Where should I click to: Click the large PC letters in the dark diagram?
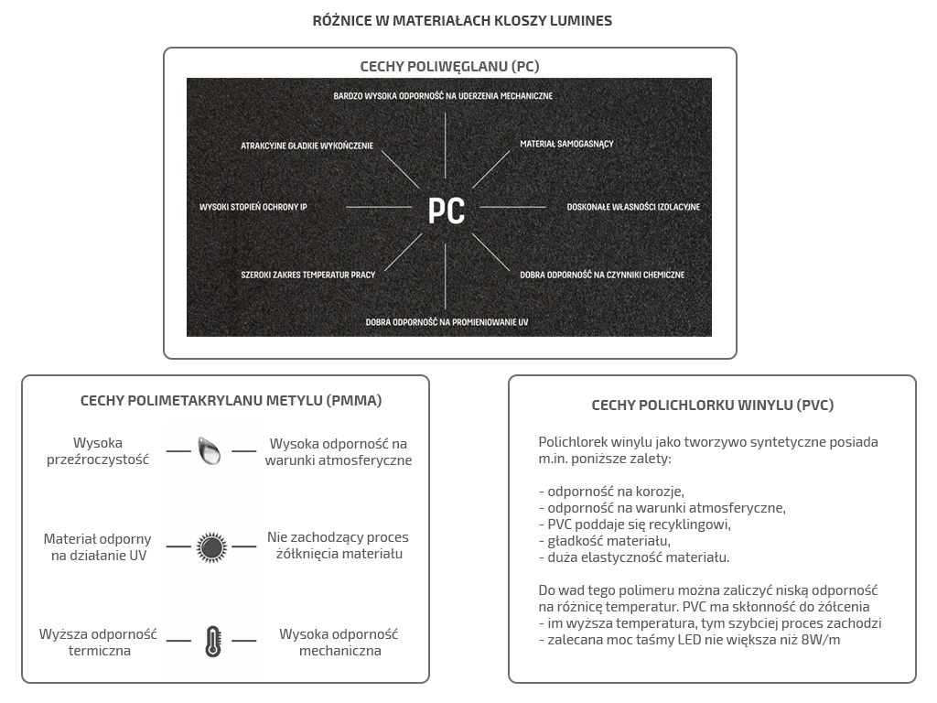[447, 210]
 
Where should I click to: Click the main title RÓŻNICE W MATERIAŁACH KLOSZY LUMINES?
[462, 20]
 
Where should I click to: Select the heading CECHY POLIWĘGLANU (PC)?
[449, 67]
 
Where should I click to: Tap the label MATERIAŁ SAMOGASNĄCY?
[566, 145]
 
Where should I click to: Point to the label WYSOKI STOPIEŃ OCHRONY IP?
[253, 208]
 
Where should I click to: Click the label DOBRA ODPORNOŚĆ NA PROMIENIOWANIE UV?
[447, 322]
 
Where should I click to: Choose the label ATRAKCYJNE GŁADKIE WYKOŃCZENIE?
[307, 146]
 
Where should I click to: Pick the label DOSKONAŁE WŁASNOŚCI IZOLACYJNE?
[633, 208]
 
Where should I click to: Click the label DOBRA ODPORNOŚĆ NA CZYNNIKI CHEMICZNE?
[602, 275]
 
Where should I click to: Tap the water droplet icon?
[210, 450]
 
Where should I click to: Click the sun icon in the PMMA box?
[211, 547]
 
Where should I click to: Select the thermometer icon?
[213, 642]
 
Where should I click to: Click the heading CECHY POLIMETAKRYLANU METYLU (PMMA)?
[232, 401]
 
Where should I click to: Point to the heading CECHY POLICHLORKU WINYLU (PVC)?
[713, 406]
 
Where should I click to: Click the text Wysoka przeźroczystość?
[98, 451]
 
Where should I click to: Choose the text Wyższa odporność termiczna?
[99, 643]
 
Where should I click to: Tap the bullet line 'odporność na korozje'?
[611, 492]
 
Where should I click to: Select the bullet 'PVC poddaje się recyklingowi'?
[634, 525]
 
